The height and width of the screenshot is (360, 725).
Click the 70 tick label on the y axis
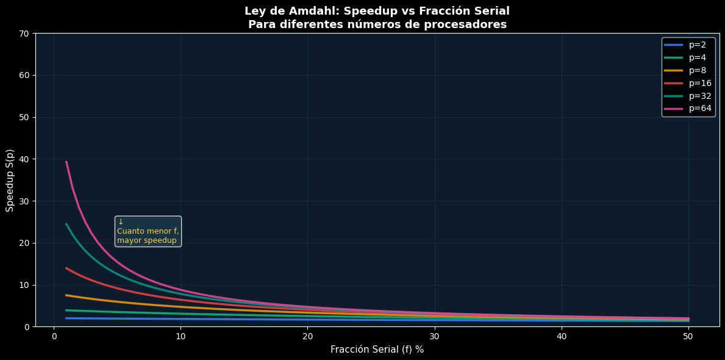tap(25, 34)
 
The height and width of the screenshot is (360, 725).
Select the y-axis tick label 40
tap(25, 159)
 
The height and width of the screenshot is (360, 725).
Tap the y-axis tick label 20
tap(25, 243)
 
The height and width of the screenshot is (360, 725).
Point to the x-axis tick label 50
tap(688, 336)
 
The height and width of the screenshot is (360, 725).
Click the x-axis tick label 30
tap(435, 336)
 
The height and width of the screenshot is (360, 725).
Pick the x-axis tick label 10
tap(181, 336)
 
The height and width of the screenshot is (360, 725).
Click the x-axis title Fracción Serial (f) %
tap(377, 350)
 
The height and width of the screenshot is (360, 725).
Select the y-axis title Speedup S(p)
tap(10, 180)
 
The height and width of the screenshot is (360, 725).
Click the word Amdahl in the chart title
tap(312, 11)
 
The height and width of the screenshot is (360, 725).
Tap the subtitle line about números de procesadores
tap(377, 24)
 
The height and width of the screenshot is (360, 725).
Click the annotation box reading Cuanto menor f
tap(148, 231)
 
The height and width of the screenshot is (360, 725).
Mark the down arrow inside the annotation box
tap(121, 222)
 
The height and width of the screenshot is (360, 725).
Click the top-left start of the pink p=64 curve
tap(66, 162)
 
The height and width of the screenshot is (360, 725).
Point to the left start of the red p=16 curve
tap(66, 268)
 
